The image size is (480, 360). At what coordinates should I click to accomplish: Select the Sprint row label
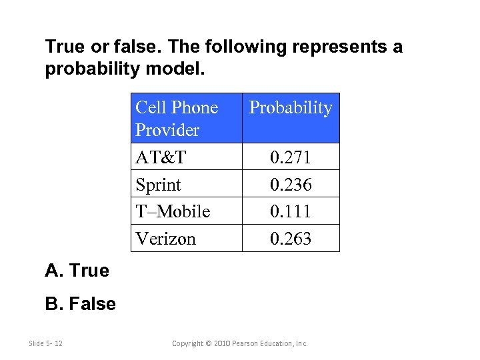pyautogui.click(x=158, y=185)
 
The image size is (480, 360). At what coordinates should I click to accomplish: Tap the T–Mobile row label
pyautogui.click(x=173, y=211)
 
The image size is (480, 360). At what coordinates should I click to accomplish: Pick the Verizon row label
pyautogui.click(x=165, y=239)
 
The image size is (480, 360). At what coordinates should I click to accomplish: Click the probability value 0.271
pyautogui.click(x=291, y=157)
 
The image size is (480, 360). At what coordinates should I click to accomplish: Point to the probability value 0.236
pyautogui.click(x=291, y=185)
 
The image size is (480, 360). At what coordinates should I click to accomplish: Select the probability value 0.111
pyautogui.click(x=291, y=211)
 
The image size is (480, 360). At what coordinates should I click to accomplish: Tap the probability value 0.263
pyautogui.click(x=291, y=239)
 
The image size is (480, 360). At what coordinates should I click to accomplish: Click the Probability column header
pyautogui.click(x=291, y=108)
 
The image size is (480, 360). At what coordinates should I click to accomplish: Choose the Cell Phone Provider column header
pyautogui.click(x=177, y=119)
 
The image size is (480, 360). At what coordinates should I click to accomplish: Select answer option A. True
pyautogui.click(x=77, y=271)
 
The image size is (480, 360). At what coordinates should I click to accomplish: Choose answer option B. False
pyautogui.click(x=80, y=305)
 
